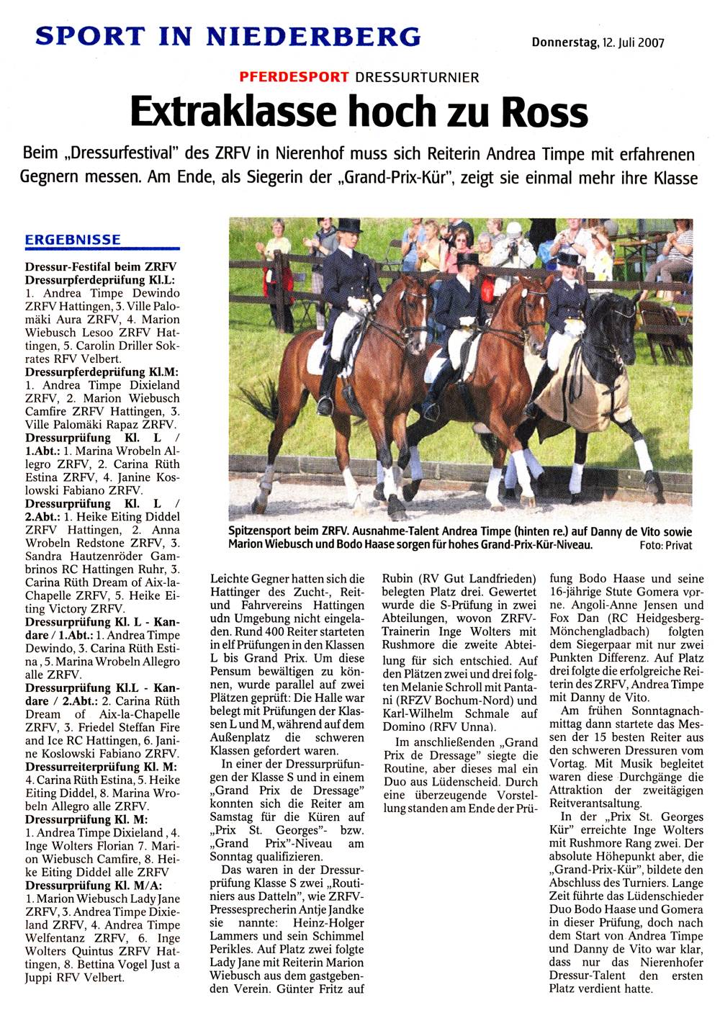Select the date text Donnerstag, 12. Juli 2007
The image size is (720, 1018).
[x=598, y=42]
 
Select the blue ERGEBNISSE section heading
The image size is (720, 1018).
[x=73, y=240]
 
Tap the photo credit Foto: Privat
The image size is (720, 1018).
[x=665, y=545]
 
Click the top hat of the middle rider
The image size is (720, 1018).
[x=468, y=258]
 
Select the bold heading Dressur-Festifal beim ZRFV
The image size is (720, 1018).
[x=101, y=267]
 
